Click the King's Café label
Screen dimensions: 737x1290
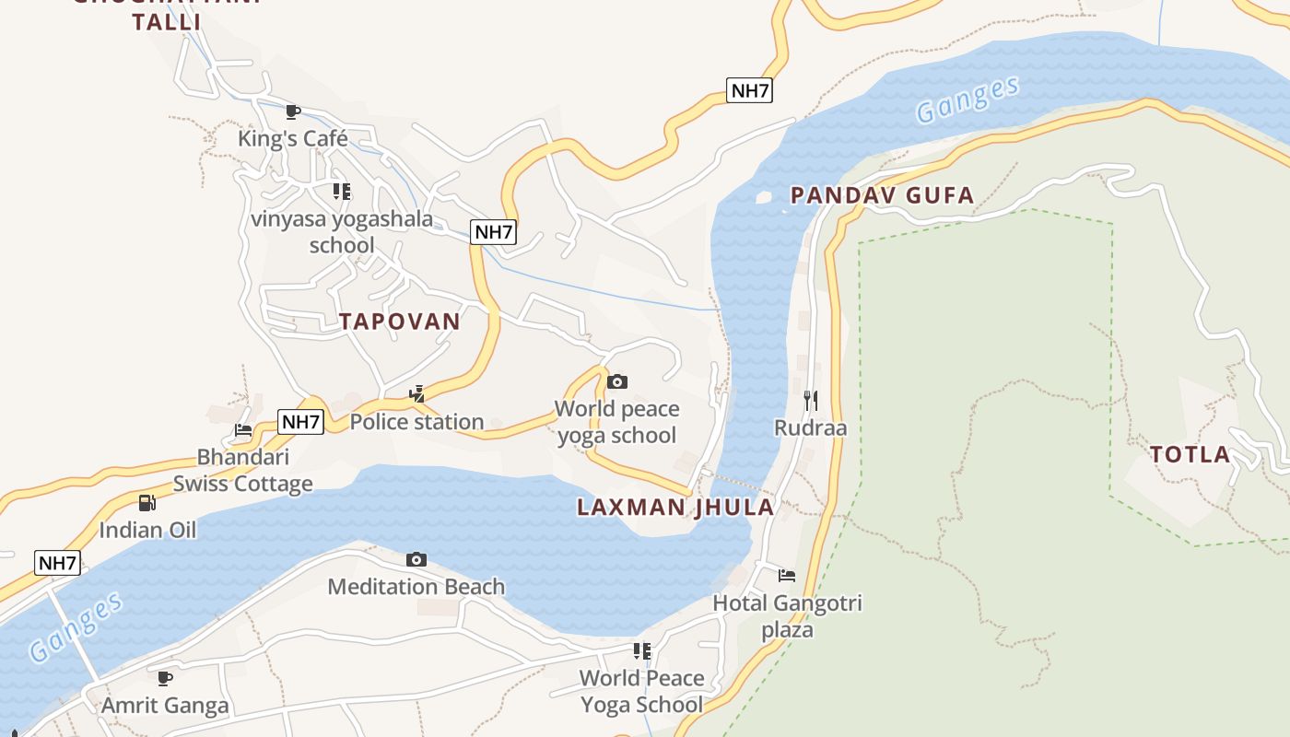(x=293, y=139)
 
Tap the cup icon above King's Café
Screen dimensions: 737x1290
(x=293, y=112)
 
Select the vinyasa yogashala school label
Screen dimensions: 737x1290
(x=342, y=232)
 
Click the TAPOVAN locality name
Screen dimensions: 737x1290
(x=399, y=322)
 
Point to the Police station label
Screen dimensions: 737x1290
(x=416, y=422)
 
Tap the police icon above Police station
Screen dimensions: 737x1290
(x=417, y=394)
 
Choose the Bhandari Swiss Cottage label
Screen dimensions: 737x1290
(x=243, y=471)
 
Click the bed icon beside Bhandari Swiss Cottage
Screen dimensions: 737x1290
(x=243, y=430)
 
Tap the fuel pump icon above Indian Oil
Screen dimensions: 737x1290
(x=147, y=503)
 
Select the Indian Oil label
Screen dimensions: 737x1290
(x=147, y=531)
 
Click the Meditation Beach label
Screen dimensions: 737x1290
(x=416, y=587)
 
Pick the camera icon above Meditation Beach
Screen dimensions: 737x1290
(x=416, y=560)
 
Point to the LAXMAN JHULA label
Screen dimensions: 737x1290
(x=675, y=508)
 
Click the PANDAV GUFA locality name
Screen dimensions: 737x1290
(x=882, y=195)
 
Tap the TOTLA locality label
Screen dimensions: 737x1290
(x=1190, y=454)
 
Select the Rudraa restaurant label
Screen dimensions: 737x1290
(x=810, y=428)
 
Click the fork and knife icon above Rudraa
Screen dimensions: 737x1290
(x=811, y=400)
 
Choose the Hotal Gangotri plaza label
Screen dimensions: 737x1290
(x=788, y=616)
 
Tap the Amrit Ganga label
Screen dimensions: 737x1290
(x=165, y=707)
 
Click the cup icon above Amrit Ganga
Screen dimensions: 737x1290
(x=165, y=679)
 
